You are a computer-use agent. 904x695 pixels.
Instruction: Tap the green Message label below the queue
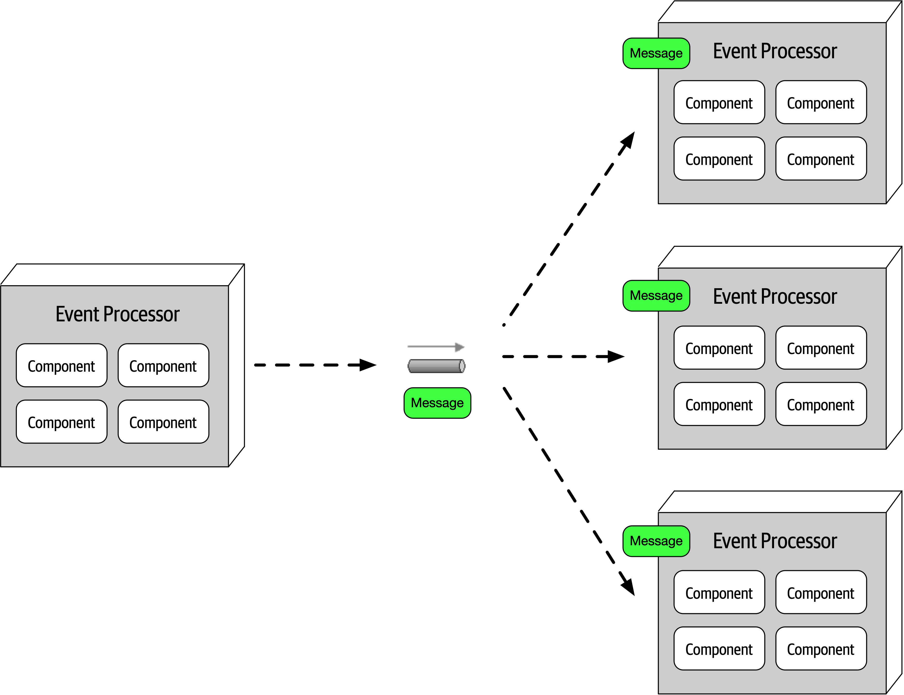point(437,403)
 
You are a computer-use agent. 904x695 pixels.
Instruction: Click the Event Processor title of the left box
point(118,314)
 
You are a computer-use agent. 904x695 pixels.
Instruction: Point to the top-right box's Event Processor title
point(775,51)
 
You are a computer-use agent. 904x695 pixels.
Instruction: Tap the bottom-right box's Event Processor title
point(775,541)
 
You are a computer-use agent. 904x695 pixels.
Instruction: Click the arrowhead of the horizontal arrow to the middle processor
point(616,357)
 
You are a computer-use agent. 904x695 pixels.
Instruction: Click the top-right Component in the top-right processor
point(821,103)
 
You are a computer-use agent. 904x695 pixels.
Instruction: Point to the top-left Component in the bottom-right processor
point(719,592)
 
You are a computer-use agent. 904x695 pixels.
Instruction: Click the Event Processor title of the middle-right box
point(775,297)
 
